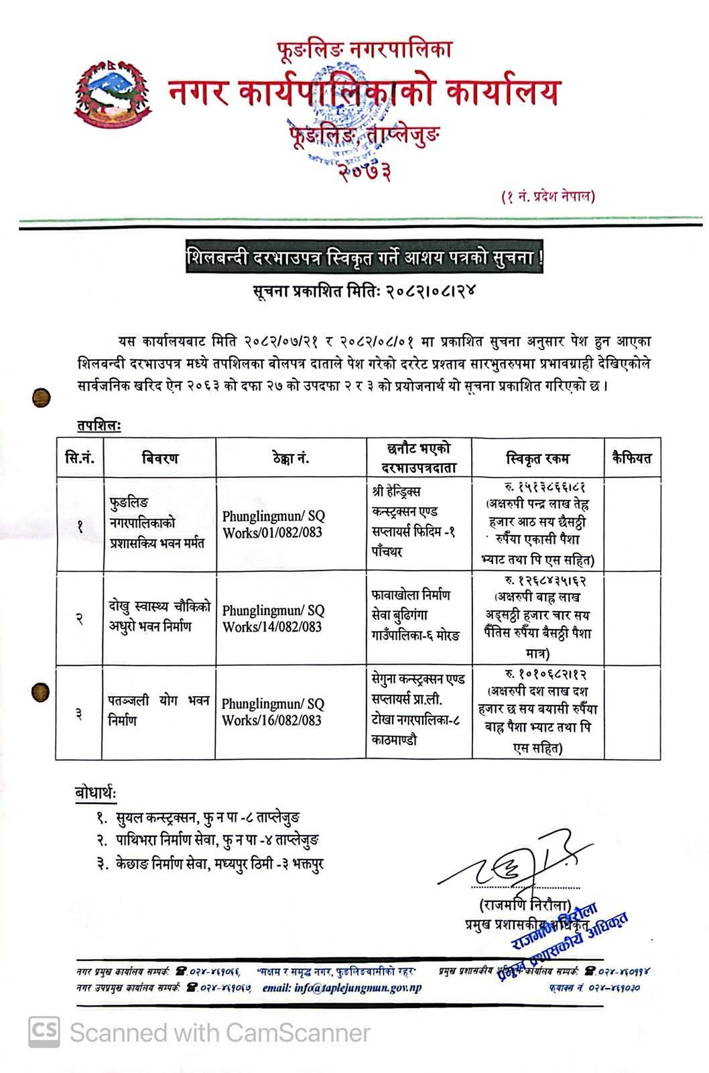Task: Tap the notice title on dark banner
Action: [x=365, y=259]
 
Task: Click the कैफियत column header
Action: [x=631, y=459]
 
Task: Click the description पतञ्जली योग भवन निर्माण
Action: [x=159, y=711]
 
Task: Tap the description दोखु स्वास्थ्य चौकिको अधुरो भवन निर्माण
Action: [x=159, y=617]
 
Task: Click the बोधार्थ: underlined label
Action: [x=95, y=793]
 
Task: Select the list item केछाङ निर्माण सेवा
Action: [x=210, y=863]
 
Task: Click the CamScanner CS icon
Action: [x=43, y=1031]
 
